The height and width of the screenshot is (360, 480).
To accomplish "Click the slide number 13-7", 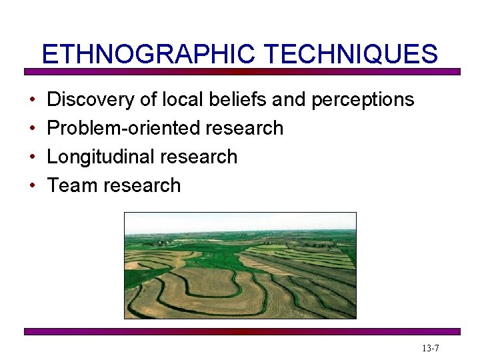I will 430,349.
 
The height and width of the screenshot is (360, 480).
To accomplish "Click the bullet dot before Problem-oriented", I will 33,129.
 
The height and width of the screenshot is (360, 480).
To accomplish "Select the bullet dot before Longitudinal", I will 33,157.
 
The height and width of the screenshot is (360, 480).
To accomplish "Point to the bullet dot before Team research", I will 33,186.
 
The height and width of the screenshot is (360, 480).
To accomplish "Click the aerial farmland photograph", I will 240,273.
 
